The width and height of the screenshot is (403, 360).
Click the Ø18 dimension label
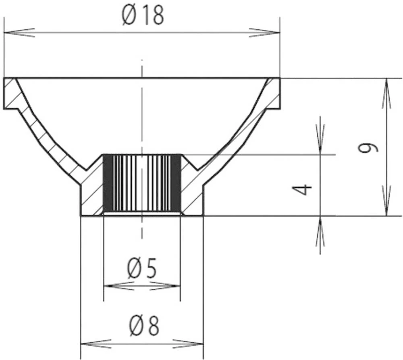point(143,17)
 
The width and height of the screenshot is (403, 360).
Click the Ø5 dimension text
point(142,269)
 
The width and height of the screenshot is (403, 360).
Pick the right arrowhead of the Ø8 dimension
point(188,344)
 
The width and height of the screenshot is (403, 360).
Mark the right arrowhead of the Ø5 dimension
point(165,286)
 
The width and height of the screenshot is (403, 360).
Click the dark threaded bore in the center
point(142,184)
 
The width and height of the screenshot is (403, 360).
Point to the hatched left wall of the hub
point(92,193)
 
